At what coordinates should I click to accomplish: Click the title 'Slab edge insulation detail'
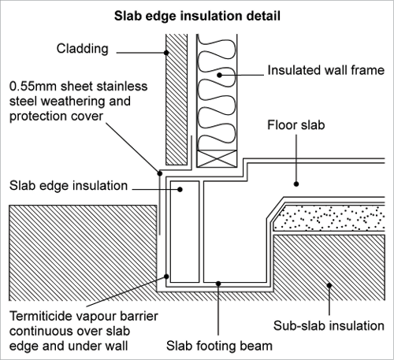[196, 15]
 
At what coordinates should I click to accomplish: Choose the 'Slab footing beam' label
[220, 345]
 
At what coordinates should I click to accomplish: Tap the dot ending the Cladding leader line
[166, 53]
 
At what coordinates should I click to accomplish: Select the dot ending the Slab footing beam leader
[220, 282]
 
